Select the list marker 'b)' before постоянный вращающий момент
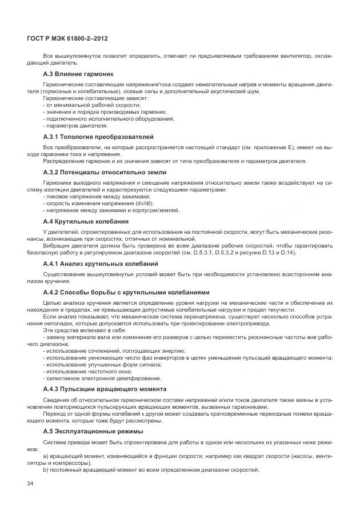pos(45,469)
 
